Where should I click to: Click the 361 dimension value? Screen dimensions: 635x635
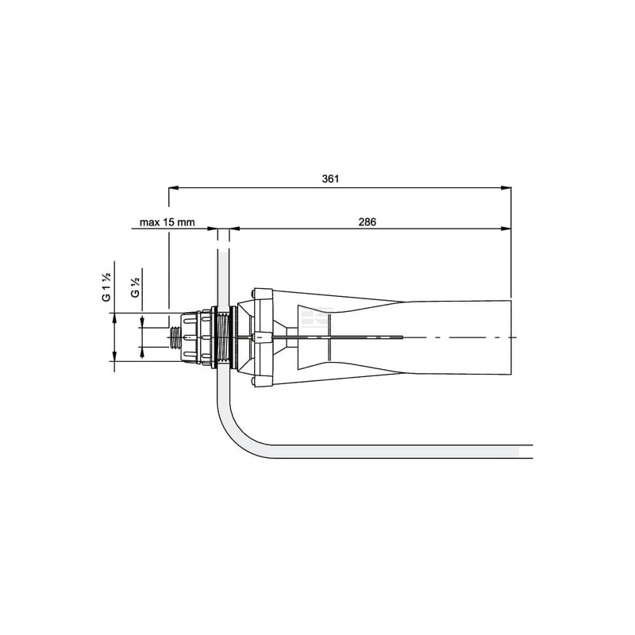pos(330,179)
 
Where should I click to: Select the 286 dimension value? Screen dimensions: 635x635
pos(367,222)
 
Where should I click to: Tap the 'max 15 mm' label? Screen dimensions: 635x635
pos(167,222)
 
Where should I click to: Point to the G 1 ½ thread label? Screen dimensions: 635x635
pos(106,287)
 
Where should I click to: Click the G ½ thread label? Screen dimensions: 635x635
pos(135,287)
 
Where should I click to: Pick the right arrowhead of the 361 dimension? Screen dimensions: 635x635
pos(506,188)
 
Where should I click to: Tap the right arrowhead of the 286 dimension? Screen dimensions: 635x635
pos(506,229)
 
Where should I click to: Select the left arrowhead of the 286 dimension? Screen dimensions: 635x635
pos(234,229)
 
